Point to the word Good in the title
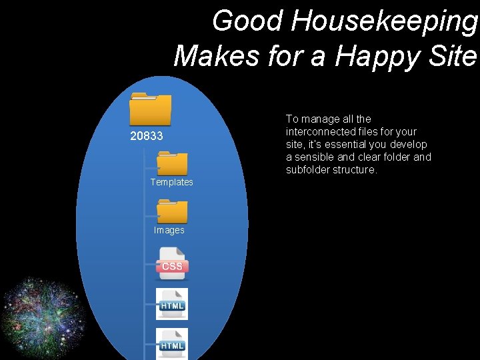tap(247, 21)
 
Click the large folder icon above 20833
tap(150, 109)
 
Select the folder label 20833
tap(147, 137)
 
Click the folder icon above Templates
tap(172, 163)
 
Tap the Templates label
tap(171, 182)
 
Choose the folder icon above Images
tap(172, 212)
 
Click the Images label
tap(169, 230)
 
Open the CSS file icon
tap(171, 262)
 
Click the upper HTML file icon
tap(171, 303)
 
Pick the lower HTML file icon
tap(171, 343)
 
